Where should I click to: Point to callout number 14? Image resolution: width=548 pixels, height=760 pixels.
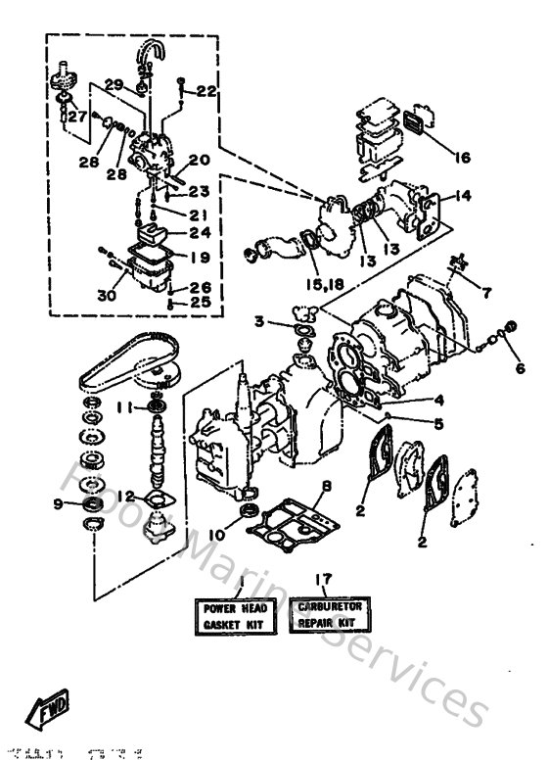[462, 196]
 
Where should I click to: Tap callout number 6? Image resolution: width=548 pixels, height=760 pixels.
[518, 369]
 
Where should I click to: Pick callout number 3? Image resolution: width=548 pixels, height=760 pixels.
[258, 320]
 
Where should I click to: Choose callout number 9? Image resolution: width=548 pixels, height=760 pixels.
[60, 504]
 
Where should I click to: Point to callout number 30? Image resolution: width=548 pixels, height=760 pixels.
[107, 295]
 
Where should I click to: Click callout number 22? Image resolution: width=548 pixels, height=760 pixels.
[205, 91]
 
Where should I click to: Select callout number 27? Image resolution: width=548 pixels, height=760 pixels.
[76, 115]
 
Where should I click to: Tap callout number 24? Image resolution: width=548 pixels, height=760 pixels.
[200, 233]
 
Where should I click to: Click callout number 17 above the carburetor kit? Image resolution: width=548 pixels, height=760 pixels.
[321, 579]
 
